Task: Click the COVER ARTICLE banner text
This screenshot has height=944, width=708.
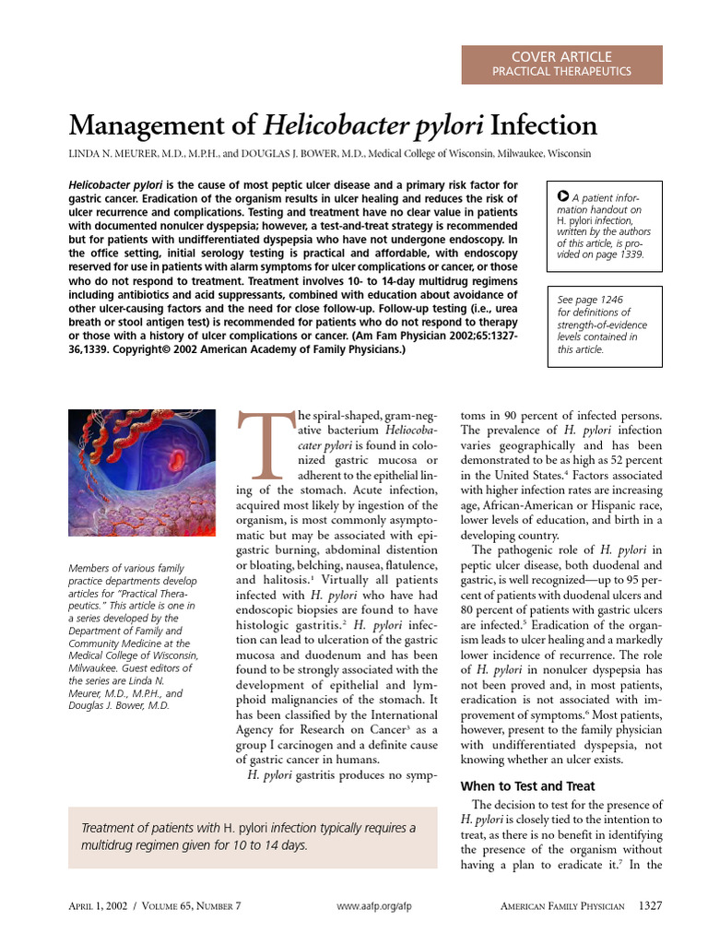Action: point(561,57)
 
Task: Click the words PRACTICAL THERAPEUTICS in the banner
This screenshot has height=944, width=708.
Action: point(561,71)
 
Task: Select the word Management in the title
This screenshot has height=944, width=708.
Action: point(154,125)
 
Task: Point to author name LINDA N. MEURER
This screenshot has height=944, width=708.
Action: point(112,154)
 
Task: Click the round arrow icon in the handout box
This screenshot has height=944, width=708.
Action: point(562,195)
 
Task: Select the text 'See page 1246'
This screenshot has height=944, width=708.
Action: point(590,300)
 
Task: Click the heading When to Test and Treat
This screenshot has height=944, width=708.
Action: point(527,786)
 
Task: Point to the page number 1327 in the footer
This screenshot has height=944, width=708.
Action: point(651,905)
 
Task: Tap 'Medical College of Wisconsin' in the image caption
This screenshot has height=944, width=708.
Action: point(129,643)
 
